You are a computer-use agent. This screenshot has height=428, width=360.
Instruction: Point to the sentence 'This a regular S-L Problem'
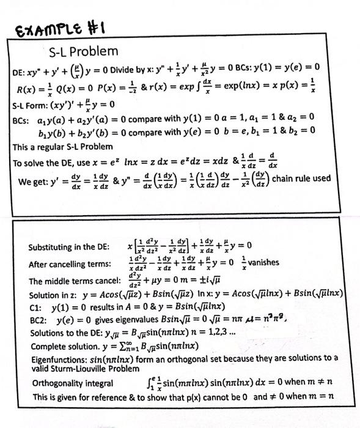pos(62,146)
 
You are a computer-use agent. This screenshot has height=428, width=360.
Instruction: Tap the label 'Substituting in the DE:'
pos(69,248)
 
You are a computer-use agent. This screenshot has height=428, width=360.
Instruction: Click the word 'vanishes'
pos(264,262)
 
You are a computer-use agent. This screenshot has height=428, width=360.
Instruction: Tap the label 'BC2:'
pos(39,319)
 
